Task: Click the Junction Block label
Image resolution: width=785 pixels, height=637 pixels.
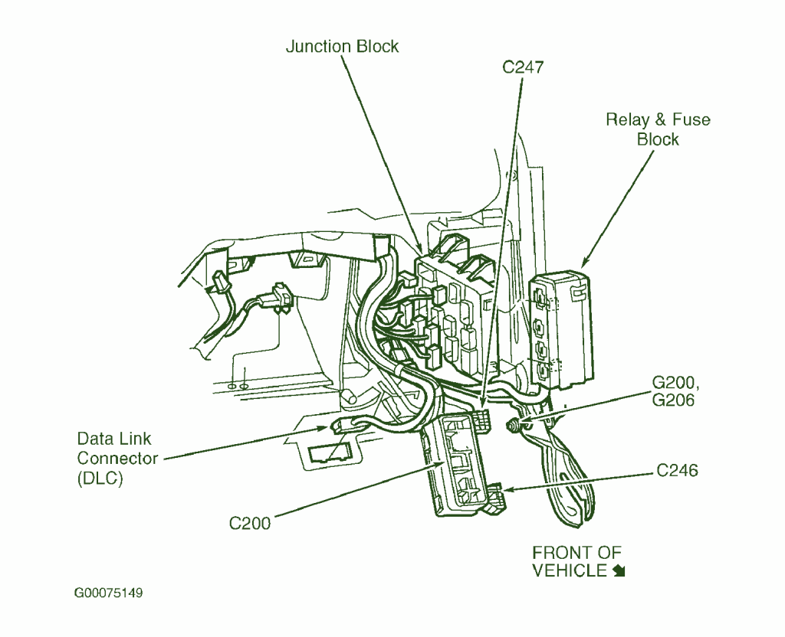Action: pyautogui.click(x=342, y=47)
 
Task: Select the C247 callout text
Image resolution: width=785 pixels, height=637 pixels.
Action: pyautogui.click(x=523, y=67)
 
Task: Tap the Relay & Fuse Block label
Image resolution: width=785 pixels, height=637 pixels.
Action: pyautogui.click(x=657, y=129)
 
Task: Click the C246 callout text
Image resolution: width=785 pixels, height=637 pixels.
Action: pyautogui.click(x=677, y=471)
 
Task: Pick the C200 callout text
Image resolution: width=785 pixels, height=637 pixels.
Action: pyautogui.click(x=250, y=524)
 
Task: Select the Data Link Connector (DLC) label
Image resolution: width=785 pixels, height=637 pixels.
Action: pyautogui.click(x=117, y=459)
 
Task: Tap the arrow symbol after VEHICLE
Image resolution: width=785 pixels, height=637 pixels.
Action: pyautogui.click(x=619, y=571)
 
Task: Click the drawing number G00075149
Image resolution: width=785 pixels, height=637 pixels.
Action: pyautogui.click(x=108, y=593)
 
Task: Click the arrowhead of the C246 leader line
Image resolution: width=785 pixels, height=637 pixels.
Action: pyautogui.click(x=499, y=489)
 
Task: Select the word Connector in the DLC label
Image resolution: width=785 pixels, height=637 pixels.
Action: pyautogui.click(x=117, y=459)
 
